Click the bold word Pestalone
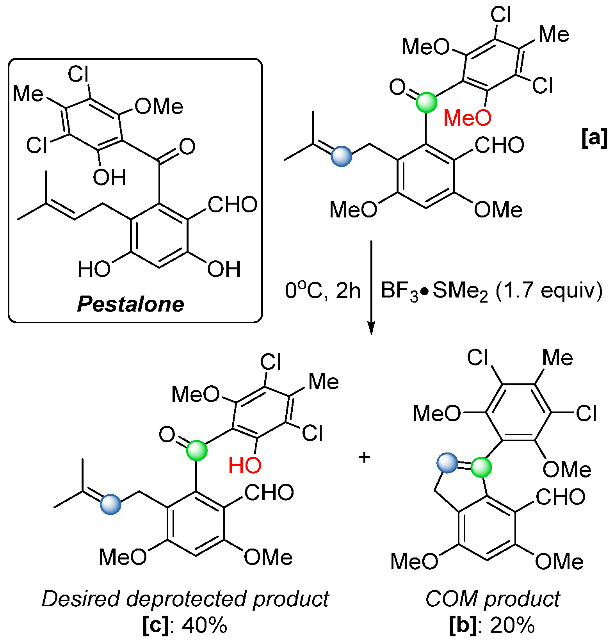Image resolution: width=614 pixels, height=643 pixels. pyautogui.click(x=131, y=304)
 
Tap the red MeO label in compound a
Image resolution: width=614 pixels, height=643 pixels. pyautogui.click(x=467, y=118)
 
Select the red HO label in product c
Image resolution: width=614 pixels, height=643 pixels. pyautogui.click(x=245, y=465)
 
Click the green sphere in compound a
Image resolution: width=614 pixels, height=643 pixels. pyautogui.click(x=426, y=102)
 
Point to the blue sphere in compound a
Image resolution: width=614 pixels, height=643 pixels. pyautogui.click(x=341, y=157)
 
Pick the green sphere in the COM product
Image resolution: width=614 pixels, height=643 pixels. pyautogui.click(x=481, y=467)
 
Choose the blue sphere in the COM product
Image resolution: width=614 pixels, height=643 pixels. pyautogui.click(x=447, y=463)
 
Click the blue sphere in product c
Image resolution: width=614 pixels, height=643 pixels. pyautogui.click(x=110, y=504)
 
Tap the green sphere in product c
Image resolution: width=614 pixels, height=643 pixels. pyautogui.click(x=196, y=451)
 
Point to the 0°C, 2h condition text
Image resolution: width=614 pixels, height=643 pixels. pyautogui.click(x=322, y=291)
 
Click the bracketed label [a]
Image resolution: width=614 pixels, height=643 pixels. pyautogui.click(x=594, y=138)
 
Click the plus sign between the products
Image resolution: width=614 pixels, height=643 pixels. pyautogui.click(x=364, y=457)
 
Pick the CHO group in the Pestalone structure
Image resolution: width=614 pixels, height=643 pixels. pyautogui.click(x=232, y=205)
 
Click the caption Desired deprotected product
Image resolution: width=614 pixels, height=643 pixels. pyautogui.click(x=185, y=599)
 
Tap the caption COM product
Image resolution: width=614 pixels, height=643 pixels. pyautogui.click(x=493, y=599)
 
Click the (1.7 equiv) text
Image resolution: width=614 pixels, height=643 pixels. pyautogui.click(x=549, y=291)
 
